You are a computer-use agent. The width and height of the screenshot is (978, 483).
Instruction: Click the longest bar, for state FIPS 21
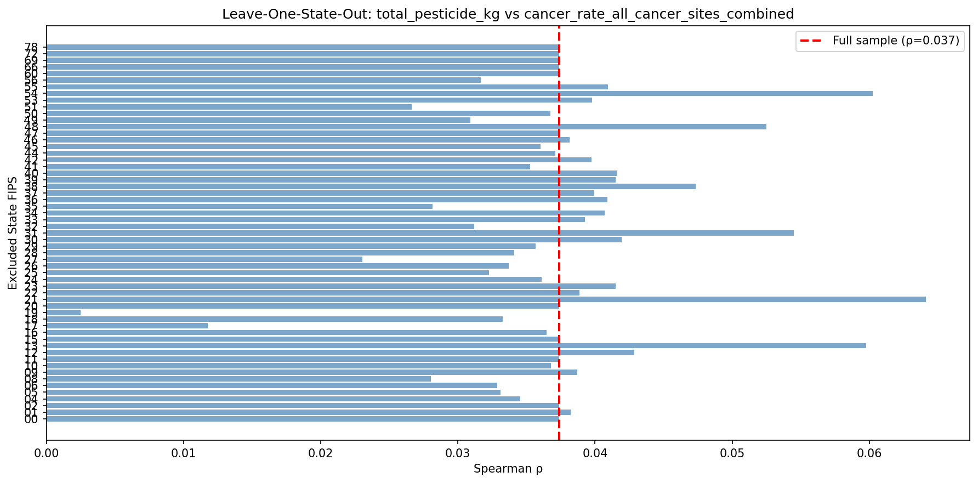tap(486, 299)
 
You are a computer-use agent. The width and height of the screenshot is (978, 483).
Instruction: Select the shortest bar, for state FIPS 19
tap(64, 312)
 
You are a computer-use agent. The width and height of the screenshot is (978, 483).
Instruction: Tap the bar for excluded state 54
tap(459, 94)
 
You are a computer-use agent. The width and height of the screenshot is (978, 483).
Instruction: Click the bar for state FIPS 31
tap(420, 233)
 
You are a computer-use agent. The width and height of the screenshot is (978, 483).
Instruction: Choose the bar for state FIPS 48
tap(406, 127)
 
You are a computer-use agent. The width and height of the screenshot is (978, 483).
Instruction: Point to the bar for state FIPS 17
tap(127, 326)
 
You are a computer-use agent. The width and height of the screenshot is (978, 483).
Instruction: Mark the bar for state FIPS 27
tap(204, 259)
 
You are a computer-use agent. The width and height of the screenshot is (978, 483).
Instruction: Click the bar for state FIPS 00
tap(303, 419)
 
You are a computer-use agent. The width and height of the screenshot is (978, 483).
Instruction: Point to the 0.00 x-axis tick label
tap(47, 454)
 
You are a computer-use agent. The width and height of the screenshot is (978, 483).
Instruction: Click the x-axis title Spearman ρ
tap(508, 469)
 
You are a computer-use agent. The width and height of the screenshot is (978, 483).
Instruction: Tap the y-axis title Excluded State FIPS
tap(13, 233)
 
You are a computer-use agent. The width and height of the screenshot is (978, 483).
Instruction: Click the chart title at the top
tap(508, 14)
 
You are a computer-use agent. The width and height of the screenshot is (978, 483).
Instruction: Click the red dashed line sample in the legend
tap(813, 41)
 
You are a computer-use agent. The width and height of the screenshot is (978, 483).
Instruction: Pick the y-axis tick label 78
tap(31, 47)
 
